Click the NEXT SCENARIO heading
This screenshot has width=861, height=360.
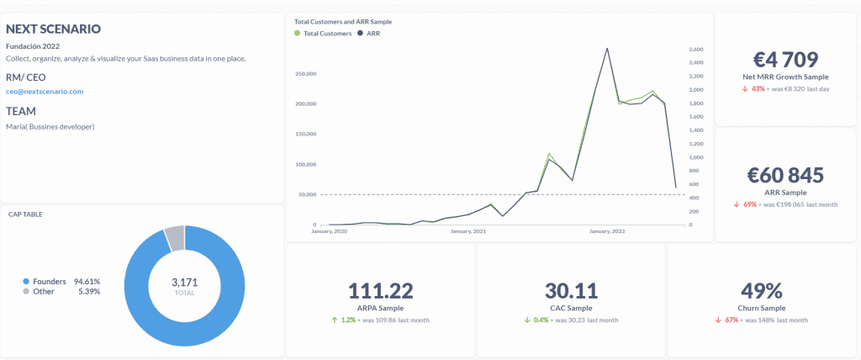pos(54,29)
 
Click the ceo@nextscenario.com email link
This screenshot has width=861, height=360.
pos(45,91)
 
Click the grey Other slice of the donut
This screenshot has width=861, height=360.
pos(174,238)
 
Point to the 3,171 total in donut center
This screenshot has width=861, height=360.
pos(184,281)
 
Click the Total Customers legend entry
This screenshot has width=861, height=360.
pos(323,34)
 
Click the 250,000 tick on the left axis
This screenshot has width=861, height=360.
pos(305,74)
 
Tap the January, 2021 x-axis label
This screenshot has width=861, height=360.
pos(469,231)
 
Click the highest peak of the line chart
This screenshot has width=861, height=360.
pos(607,48)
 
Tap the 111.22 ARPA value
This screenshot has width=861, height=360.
pos(380,291)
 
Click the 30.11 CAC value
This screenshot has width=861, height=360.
pos(571,291)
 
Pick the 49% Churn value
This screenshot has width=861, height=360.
pos(762,291)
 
